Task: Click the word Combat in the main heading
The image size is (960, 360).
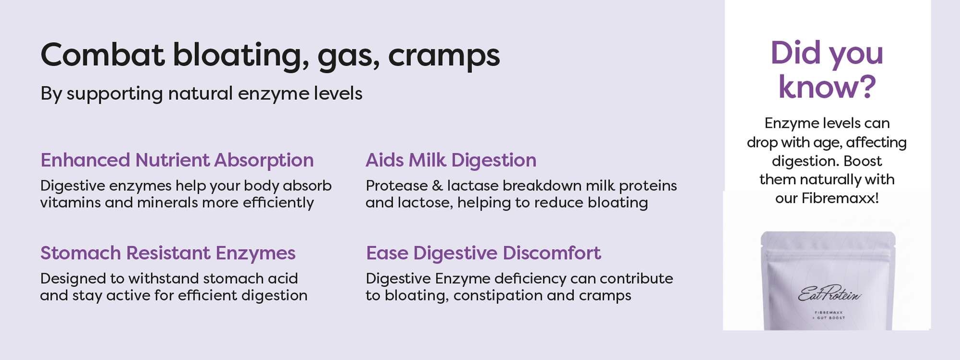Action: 103,55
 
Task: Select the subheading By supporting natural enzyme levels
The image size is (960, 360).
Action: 201,94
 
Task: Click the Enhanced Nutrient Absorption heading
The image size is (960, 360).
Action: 177,160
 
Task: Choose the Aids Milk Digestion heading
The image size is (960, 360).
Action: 451,160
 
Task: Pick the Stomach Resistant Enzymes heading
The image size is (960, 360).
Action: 168,253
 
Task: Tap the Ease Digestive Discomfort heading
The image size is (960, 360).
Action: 483,253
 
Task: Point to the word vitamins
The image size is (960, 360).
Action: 71,203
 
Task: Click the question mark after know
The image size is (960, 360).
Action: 867,87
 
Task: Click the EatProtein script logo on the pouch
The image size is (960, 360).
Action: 829,293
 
